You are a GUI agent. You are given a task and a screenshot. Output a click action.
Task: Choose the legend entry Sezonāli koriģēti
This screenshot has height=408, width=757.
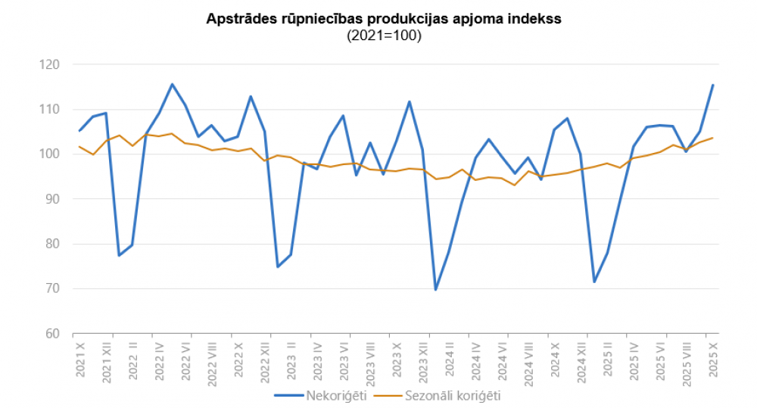click(x=453, y=395)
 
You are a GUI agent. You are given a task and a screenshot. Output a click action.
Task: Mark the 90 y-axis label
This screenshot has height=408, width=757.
click(x=51, y=199)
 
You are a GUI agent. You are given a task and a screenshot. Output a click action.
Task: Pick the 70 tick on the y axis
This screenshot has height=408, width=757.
click(x=51, y=288)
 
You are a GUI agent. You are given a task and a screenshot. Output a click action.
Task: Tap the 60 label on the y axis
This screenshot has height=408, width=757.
click(x=51, y=333)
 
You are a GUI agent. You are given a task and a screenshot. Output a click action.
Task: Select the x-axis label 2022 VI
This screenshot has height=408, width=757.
click(x=185, y=360)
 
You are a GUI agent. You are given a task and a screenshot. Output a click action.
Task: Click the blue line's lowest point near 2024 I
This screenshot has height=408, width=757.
click(x=435, y=289)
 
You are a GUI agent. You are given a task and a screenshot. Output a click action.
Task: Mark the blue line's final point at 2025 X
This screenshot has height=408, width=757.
click(x=712, y=86)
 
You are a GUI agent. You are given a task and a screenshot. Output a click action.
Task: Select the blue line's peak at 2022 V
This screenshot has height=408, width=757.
click(x=172, y=84)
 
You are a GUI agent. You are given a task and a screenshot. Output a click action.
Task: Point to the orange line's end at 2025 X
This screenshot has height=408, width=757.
click(x=712, y=138)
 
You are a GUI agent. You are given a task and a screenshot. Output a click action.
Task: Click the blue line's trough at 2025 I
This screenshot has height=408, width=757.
click(x=594, y=282)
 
